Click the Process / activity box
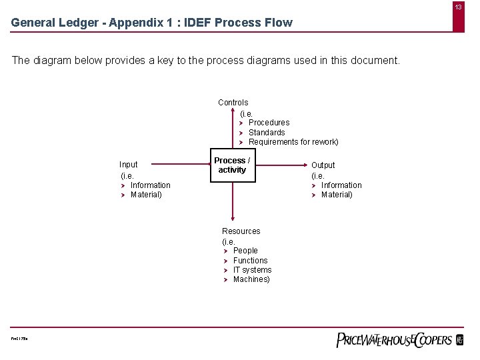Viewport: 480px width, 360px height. (232, 165)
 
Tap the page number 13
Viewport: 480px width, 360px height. (459, 7)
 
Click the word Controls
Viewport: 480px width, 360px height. (233, 103)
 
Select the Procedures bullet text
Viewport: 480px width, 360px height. (269, 123)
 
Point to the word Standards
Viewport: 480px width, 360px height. (267, 133)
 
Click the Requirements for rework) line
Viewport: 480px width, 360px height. (293, 142)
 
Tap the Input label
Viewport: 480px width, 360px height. (129, 165)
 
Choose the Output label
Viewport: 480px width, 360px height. (323, 165)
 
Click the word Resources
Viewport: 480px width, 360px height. (241, 231)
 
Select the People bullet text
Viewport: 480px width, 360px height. (245, 251)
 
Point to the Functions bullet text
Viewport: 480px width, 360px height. (250, 261)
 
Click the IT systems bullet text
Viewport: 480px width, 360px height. (252, 270)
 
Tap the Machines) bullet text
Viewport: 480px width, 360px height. (251, 279)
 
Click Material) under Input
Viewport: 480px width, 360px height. (146, 195)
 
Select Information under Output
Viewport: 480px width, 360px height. (341, 185)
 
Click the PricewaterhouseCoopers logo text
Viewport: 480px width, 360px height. (394, 339)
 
